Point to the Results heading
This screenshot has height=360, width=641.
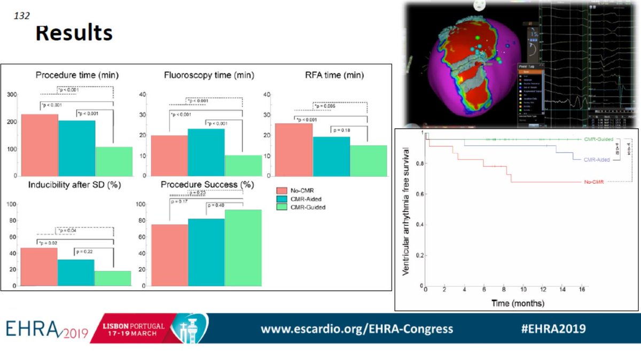pos(74,33)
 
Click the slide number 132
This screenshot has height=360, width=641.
pos(22,17)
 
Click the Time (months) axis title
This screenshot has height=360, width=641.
pos(518,303)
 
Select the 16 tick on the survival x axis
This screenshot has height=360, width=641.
pos(581,289)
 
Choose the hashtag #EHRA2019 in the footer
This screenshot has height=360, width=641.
pos(553,328)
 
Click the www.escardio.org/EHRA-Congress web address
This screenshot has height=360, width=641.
pos(357,328)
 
